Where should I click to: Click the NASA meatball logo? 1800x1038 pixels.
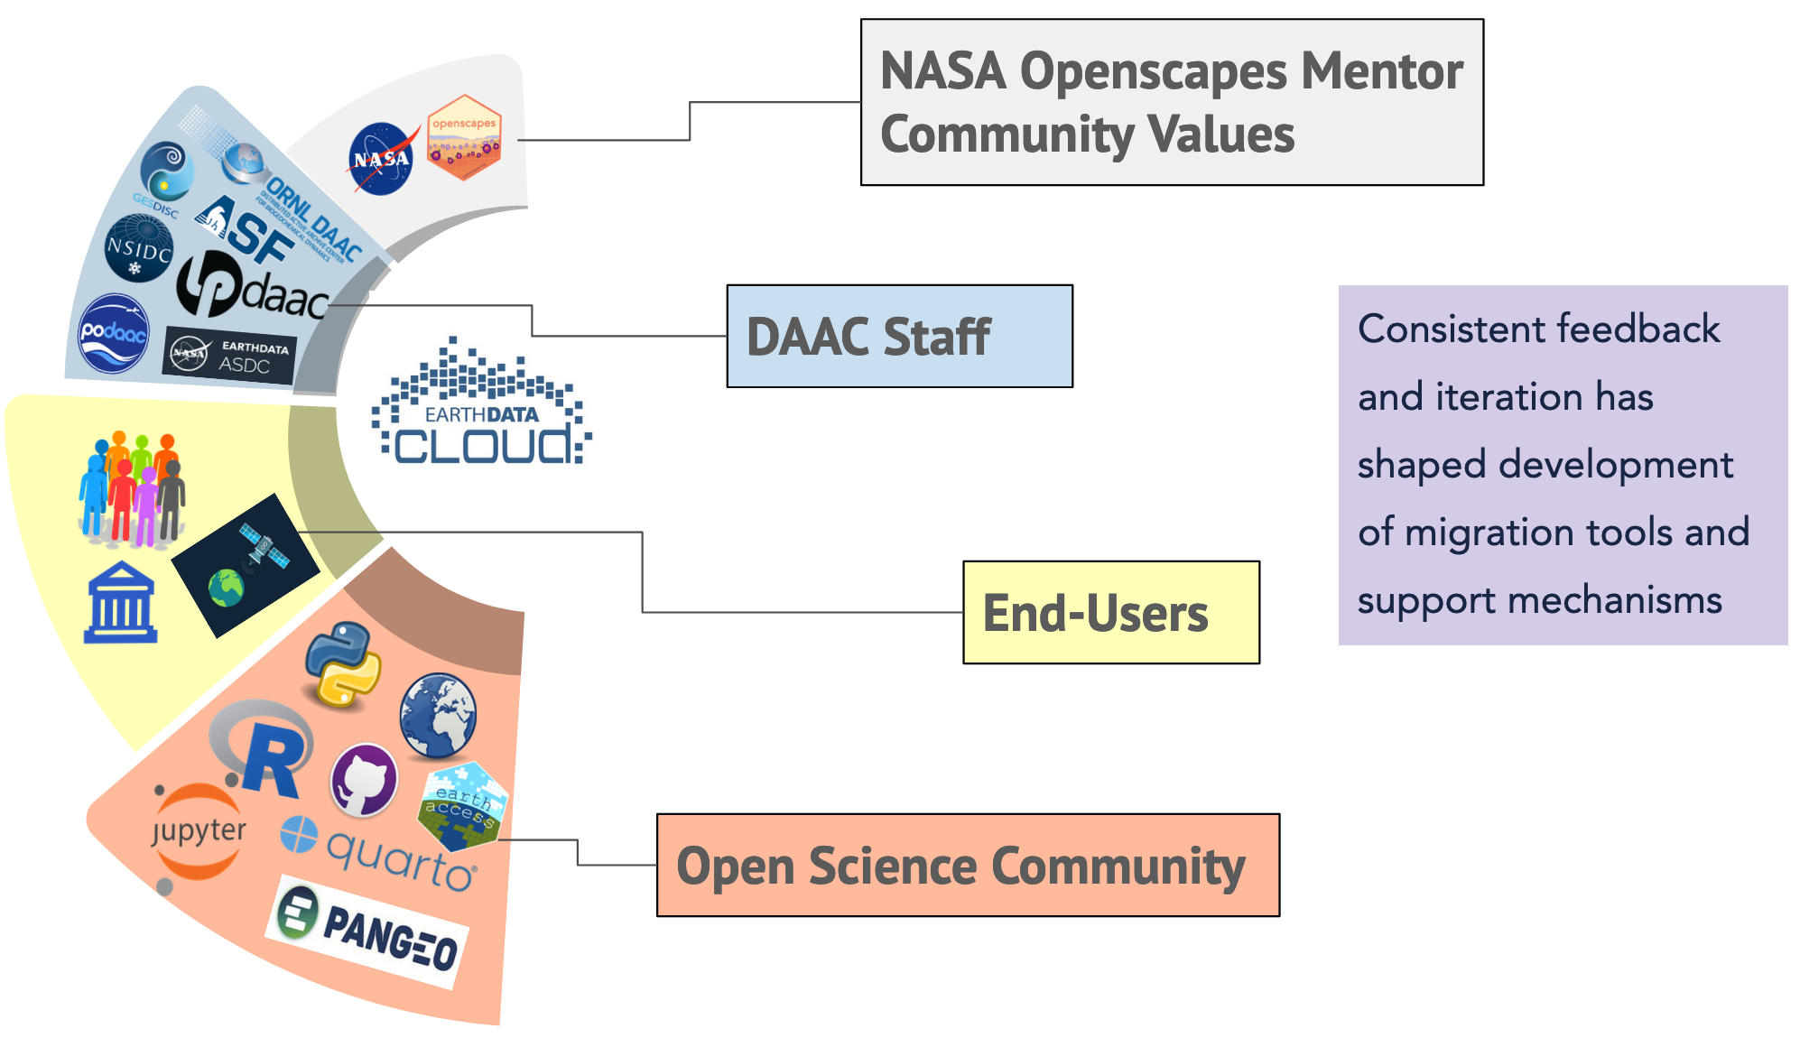(x=381, y=159)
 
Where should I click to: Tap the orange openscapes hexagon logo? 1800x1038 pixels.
(x=464, y=137)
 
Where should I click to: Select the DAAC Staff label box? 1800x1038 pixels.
(x=899, y=337)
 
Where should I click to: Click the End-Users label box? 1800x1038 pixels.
(x=1110, y=613)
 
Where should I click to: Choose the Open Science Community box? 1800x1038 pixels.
(x=967, y=866)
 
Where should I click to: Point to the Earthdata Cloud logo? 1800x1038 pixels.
(x=481, y=406)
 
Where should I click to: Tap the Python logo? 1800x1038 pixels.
(x=343, y=664)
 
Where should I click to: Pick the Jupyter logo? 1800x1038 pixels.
(x=198, y=831)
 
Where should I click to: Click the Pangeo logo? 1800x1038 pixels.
(x=367, y=931)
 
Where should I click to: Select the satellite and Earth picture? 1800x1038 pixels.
(x=246, y=565)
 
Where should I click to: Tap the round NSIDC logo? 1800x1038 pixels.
(x=138, y=248)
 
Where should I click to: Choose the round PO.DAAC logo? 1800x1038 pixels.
(x=114, y=333)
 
